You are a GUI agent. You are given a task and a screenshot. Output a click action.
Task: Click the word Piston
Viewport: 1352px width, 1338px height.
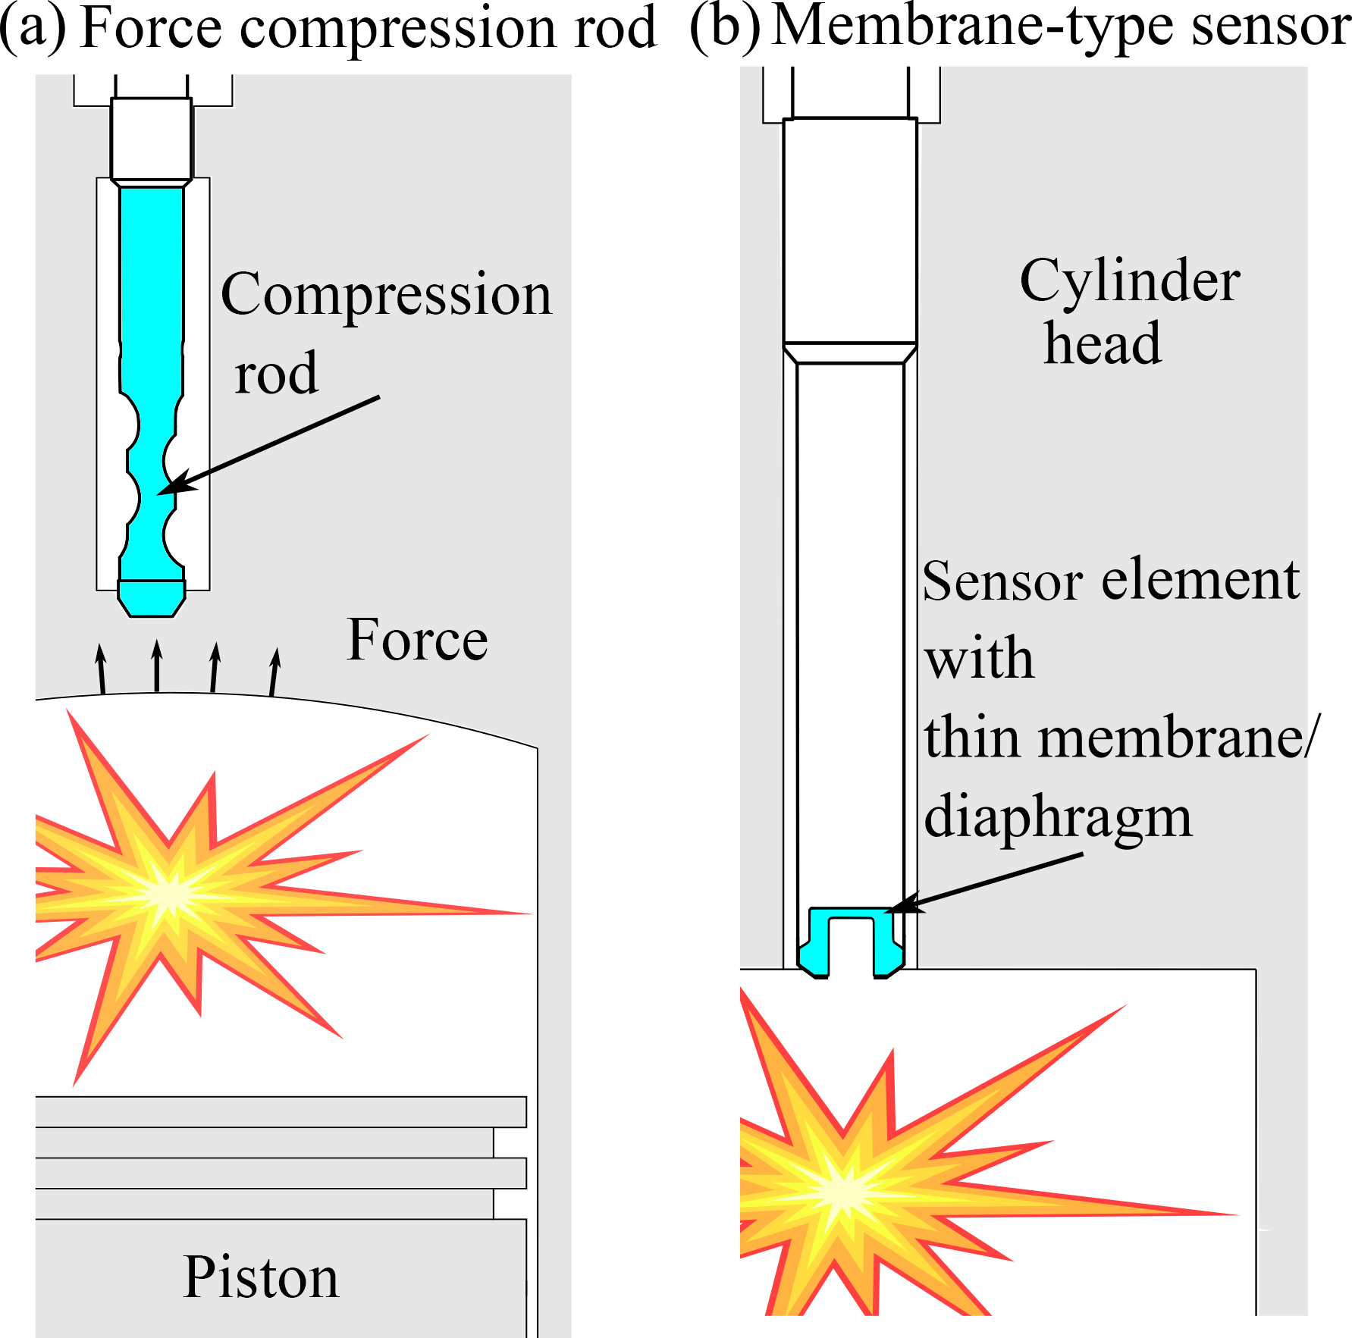pyautogui.click(x=260, y=1278)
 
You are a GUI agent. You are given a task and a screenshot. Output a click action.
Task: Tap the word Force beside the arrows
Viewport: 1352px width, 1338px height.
pyautogui.click(x=417, y=640)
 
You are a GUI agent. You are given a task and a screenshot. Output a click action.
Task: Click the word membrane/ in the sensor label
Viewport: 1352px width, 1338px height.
pyautogui.click(x=1179, y=738)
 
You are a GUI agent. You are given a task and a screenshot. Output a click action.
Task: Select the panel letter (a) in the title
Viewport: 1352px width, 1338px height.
pyautogui.click(x=33, y=28)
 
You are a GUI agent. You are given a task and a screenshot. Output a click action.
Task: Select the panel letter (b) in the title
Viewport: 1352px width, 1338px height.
pyautogui.click(x=725, y=28)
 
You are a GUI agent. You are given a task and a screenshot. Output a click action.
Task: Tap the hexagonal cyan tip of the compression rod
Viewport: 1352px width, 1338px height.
pyautogui.click(x=152, y=598)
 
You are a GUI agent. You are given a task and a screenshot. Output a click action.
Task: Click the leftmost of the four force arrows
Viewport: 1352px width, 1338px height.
pyautogui.click(x=101, y=667)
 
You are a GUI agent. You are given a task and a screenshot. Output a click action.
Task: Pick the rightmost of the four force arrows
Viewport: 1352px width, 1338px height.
pyautogui.click(x=274, y=671)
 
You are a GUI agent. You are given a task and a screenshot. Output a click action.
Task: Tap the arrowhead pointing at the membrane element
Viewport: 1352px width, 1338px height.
pyautogui.click(x=901, y=905)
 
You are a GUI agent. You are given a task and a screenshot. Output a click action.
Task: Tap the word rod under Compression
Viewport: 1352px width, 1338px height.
pyautogui.click(x=276, y=374)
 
